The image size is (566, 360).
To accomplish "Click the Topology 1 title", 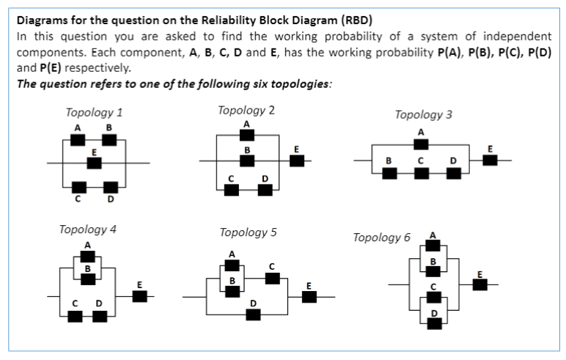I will (x=94, y=113).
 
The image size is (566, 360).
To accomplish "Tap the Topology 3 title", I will (x=423, y=114).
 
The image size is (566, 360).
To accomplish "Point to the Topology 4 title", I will (x=87, y=228).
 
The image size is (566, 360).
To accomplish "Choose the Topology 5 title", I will (x=248, y=232).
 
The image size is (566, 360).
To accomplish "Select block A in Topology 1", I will (x=76, y=140).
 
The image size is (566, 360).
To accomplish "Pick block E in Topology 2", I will (x=296, y=161).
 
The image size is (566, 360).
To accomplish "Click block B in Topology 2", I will (x=247, y=161).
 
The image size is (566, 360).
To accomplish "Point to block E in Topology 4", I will (x=139, y=296).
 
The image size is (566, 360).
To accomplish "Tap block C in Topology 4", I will (x=76, y=316).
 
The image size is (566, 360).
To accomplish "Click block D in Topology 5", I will (x=253, y=315).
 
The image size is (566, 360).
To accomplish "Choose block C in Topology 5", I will (x=271, y=278).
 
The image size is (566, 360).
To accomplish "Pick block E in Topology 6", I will (x=480, y=284).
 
